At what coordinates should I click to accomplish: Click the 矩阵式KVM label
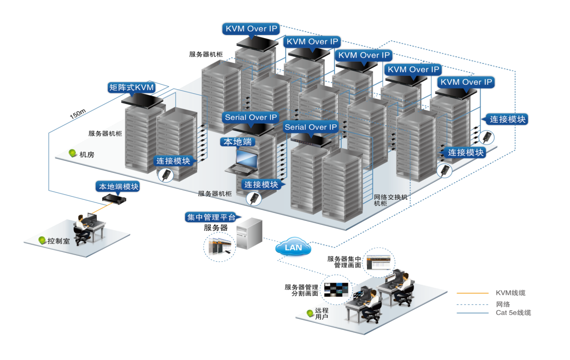[132, 88]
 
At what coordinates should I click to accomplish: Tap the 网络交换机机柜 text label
[390, 200]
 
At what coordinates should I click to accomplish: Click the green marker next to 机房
[72, 154]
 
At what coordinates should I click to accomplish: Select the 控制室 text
[60, 241]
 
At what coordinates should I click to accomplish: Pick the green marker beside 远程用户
[310, 313]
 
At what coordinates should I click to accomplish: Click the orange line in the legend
[473, 293]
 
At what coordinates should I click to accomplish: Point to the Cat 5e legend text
[513, 312]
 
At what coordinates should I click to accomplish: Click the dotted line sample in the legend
[473, 303]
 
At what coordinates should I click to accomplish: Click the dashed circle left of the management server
[220, 246]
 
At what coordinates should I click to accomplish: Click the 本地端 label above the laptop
[238, 142]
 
